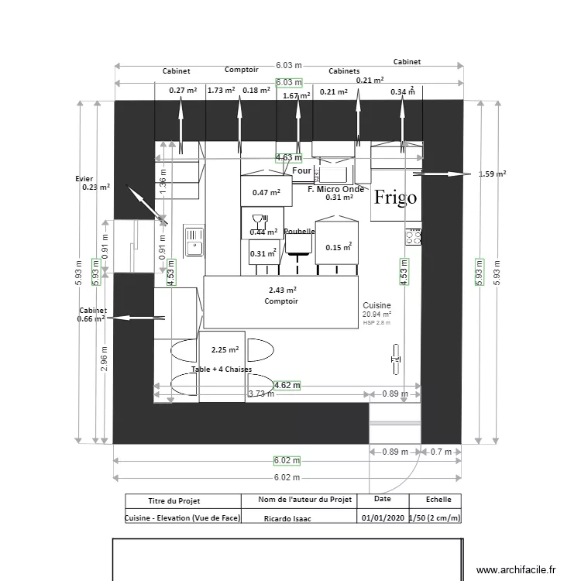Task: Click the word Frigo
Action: [x=395, y=198]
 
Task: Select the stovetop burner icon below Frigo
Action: [x=412, y=237]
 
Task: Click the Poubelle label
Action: [x=299, y=232]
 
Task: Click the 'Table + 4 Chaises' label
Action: [x=221, y=370]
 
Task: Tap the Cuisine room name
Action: [x=376, y=306]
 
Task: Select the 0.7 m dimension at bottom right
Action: [x=441, y=452]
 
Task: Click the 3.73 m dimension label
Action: [x=261, y=394]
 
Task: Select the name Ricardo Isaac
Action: [x=287, y=518]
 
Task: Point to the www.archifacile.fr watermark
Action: [x=517, y=569]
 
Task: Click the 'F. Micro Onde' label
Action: [x=335, y=189]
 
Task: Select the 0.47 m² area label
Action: [x=266, y=193]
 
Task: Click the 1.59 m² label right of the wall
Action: [x=493, y=174]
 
